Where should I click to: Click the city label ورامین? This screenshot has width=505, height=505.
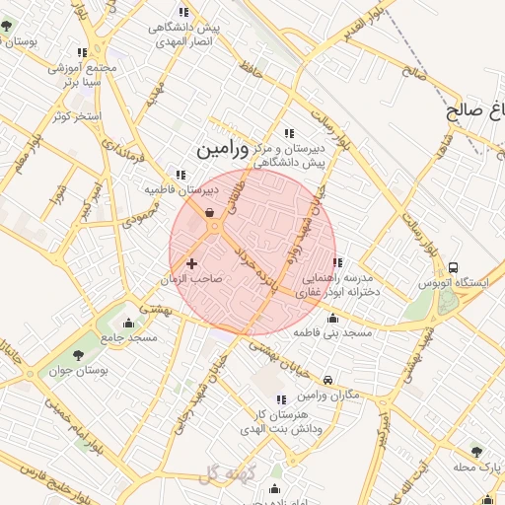(215, 150)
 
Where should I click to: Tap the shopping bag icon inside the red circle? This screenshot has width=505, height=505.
(210, 211)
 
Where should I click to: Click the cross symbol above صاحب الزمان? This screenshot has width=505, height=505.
(191, 263)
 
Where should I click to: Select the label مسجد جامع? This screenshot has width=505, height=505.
(127, 338)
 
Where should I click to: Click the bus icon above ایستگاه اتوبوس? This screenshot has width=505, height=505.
(453, 267)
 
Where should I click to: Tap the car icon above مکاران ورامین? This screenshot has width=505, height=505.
(328, 380)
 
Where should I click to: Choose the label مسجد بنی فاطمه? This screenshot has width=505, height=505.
(332, 333)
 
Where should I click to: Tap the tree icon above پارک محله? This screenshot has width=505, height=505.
(476, 451)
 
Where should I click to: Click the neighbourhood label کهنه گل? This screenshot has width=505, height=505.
(226, 475)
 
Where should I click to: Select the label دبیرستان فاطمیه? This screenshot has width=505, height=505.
(180, 188)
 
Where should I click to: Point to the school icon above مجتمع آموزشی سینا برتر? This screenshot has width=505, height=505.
(82, 52)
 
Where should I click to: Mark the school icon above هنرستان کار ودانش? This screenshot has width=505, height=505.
(281, 399)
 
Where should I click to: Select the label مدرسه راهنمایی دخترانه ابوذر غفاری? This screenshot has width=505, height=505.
(340, 286)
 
